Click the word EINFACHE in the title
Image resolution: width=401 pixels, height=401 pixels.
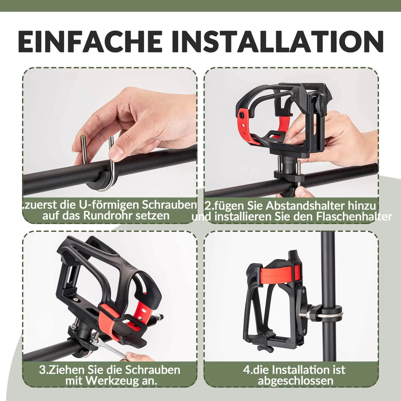[x=90, y=41]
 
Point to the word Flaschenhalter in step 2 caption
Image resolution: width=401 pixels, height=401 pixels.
[x=353, y=217]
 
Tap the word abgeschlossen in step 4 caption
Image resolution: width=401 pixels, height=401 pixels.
[x=295, y=381]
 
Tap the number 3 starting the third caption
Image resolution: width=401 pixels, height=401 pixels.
[x=42, y=370]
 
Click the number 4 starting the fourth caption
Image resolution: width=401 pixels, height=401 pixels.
[x=246, y=370]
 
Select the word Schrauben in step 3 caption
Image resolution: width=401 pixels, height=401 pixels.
[x=153, y=370]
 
